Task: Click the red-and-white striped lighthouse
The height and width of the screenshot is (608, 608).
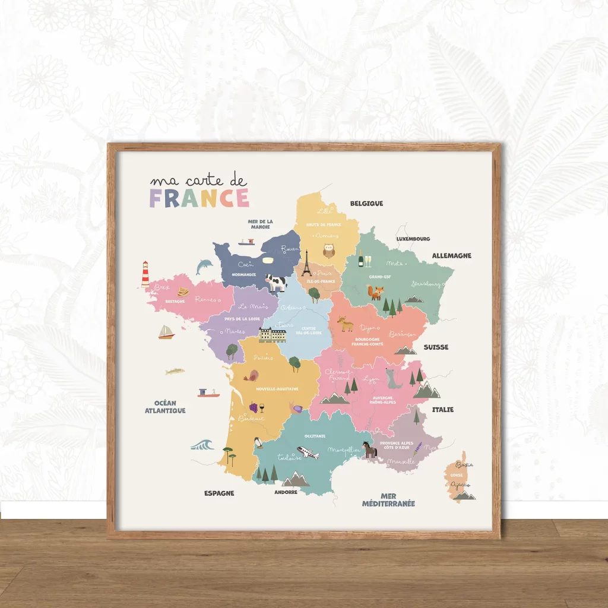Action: tap(145, 274)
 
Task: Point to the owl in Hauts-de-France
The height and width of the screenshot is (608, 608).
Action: tap(328, 250)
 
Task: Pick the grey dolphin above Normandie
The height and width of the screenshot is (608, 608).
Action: tap(204, 266)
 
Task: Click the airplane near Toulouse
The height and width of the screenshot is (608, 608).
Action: tap(308, 453)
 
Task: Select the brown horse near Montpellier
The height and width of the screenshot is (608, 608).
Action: tap(370, 449)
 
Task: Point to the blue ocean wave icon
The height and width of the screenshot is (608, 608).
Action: tap(202, 444)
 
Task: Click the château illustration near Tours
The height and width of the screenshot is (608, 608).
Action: tap(273, 334)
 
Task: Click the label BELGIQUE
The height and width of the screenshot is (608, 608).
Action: tap(366, 203)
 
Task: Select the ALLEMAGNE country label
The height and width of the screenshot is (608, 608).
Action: tap(451, 255)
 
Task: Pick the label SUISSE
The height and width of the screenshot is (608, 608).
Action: tap(436, 347)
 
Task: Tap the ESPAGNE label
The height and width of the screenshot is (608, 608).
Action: tap(219, 493)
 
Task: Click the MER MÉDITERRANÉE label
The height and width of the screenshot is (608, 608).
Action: tap(389, 500)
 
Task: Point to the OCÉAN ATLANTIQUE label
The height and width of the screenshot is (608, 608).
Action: tap(165, 407)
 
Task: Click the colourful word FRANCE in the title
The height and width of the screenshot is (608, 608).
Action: tap(199, 198)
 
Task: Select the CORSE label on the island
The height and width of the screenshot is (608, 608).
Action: tap(457, 475)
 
